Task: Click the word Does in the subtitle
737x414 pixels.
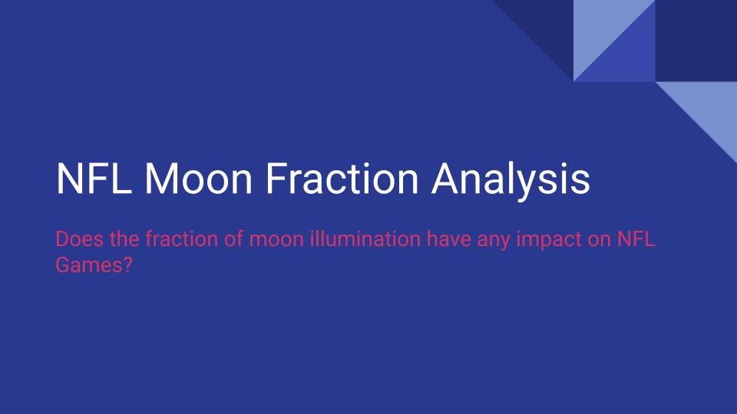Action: (x=74, y=239)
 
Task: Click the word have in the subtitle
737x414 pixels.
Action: (x=448, y=239)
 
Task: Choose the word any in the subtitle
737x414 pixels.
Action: (x=497, y=241)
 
